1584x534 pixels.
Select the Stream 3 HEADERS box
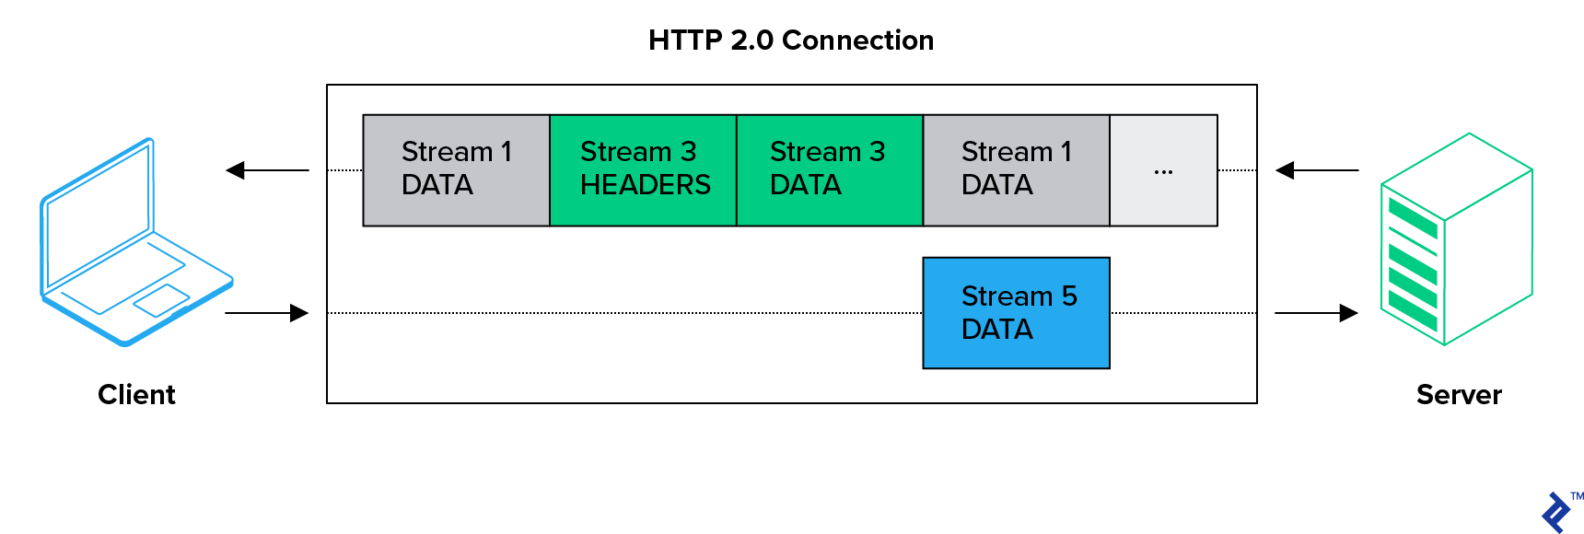pos(643,170)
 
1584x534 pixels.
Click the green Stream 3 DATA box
pos(829,170)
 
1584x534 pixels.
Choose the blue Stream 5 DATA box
pos(1016,313)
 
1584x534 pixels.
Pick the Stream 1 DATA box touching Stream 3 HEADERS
pos(456,170)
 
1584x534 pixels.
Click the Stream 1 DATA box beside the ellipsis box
pos(1016,170)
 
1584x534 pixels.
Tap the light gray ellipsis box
pos(1163,170)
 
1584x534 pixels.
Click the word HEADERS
pos(645,185)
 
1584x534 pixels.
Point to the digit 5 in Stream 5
pos(1068,296)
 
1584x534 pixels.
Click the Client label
pos(136,395)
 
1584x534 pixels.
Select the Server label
pos(1459,395)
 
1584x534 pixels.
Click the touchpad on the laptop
pos(162,299)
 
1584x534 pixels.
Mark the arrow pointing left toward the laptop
pos(267,170)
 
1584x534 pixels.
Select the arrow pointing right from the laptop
pos(267,313)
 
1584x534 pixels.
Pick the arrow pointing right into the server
pos(1316,313)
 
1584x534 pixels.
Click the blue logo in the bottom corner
pos(1556,512)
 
